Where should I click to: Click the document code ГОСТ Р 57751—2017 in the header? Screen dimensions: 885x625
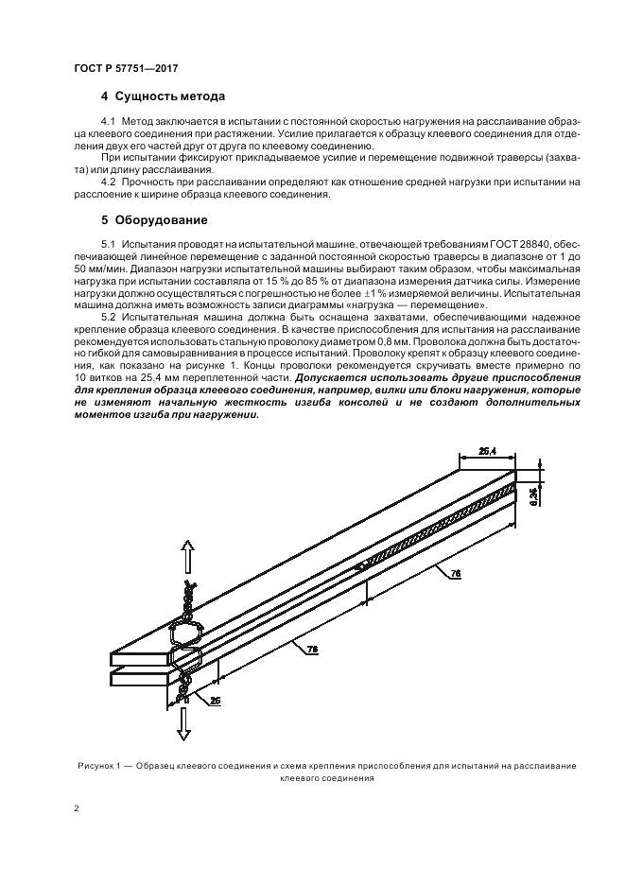pyautogui.click(x=126, y=70)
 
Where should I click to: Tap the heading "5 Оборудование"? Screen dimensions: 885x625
pyautogui.click(x=153, y=219)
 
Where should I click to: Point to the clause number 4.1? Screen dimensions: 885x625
pyautogui.click(x=109, y=123)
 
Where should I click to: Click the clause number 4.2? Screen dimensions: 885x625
pyautogui.click(x=109, y=181)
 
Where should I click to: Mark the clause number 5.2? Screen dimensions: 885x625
pyautogui.click(x=109, y=320)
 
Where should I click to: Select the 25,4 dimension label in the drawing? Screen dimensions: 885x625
pyautogui.click(x=488, y=452)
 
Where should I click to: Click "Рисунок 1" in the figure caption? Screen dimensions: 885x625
pyautogui.click(x=97, y=764)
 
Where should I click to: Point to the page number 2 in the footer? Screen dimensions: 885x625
pyautogui.click(x=77, y=810)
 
